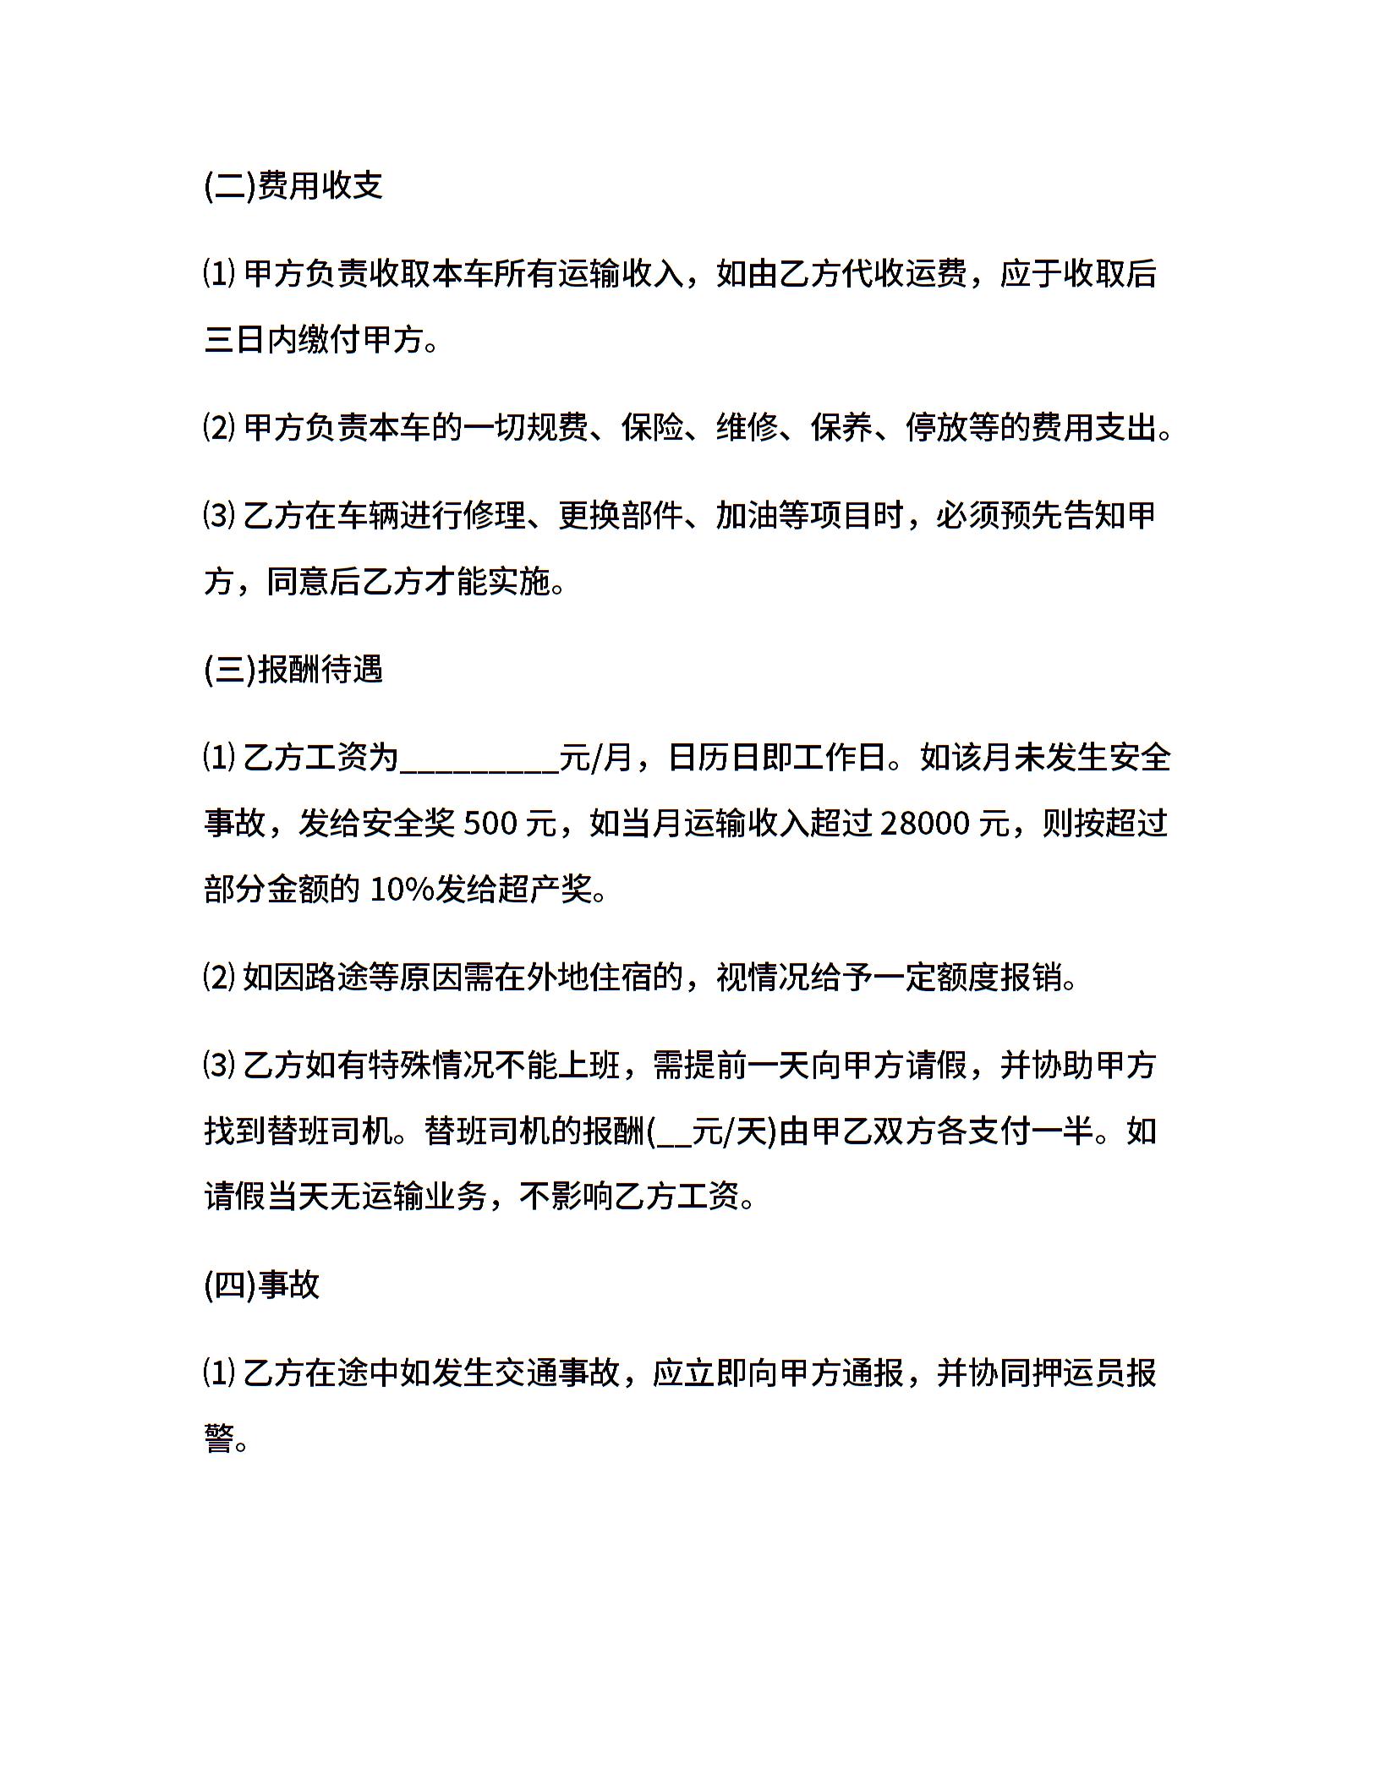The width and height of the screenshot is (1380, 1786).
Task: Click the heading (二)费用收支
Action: (293, 185)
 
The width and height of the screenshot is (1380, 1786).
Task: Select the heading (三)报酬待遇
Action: (293, 669)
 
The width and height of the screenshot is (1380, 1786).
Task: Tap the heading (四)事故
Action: (262, 1285)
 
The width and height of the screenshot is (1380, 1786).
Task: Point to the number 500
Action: (490, 823)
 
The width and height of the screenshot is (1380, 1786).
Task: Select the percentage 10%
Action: (402, 889)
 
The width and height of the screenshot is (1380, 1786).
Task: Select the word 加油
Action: (747, 515)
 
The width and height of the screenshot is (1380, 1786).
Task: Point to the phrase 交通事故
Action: (557, 1372)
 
